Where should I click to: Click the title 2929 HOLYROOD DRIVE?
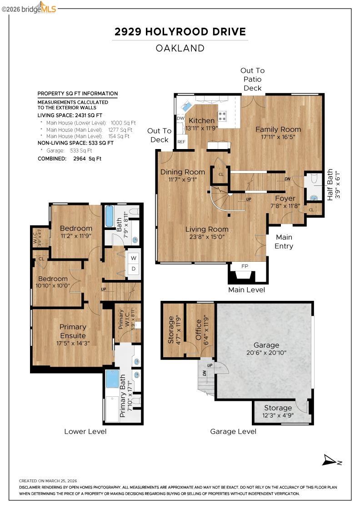point(180,32)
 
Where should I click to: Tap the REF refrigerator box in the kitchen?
point(181,142)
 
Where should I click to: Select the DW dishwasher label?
point(180,118)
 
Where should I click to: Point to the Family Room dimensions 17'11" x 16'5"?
point(278,136)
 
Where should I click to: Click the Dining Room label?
point(182,172)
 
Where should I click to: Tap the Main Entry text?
point(284,242)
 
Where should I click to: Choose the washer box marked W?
point(134,258)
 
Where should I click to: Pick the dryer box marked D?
point(134,269)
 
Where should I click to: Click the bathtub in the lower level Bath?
point(109,217)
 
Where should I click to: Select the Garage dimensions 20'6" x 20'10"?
point(266,352)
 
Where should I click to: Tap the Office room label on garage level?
point(198,329)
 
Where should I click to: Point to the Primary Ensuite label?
point(73,331)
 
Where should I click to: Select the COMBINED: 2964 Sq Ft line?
point(70,159)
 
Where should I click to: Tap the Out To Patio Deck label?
point(252,79)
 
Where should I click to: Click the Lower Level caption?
point(85,431)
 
